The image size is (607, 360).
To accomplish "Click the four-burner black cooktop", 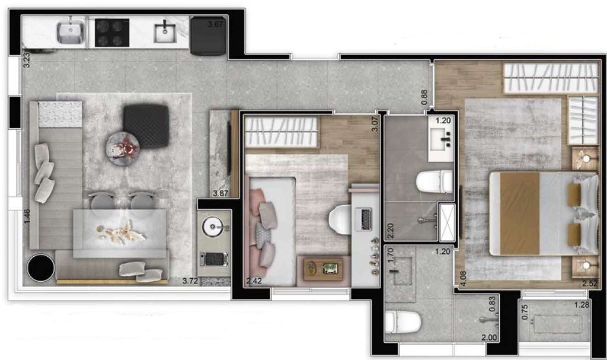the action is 112,33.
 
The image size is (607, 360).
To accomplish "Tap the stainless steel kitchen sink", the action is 71,32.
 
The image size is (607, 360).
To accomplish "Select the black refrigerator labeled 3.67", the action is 208,36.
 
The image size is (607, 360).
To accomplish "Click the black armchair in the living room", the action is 146,126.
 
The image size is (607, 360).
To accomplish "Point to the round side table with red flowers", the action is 122,149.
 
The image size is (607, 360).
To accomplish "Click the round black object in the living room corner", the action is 41,267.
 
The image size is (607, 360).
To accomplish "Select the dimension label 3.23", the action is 26,60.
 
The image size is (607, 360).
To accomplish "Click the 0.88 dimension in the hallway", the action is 424,97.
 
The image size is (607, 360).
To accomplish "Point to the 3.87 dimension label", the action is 221,193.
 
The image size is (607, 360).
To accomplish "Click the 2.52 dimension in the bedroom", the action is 590,283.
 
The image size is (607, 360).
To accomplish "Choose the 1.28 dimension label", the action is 582,305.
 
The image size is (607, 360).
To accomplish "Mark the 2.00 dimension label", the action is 489,337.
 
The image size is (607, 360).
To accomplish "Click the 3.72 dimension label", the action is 190,281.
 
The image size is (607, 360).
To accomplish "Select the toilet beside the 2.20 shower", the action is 434,181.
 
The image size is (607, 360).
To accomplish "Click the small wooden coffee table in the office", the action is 323,268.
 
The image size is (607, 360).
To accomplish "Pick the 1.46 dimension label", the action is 27,216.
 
